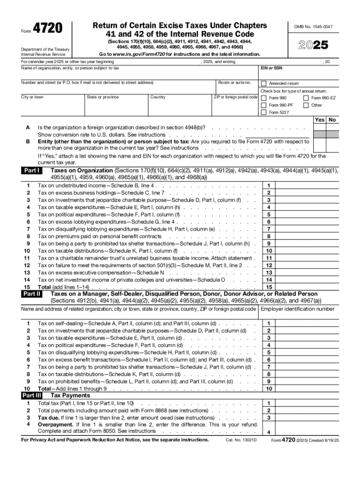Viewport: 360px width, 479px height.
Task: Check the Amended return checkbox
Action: (x=264, y=83)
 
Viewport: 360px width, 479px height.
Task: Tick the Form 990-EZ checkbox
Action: (x=306, y=98)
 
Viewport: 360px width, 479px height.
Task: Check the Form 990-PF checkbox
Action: (x=264, y=105)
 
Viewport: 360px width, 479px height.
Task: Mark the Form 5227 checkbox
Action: (x=264, y=112)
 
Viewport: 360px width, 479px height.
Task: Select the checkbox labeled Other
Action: (x=306, y=105)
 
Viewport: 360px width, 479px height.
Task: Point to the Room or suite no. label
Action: (x=235, y=83)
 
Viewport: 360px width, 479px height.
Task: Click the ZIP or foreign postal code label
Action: (x=236, y=97)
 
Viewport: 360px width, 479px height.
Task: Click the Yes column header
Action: (x=320, y=120)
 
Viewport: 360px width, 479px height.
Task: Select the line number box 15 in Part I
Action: (x=269, y=287)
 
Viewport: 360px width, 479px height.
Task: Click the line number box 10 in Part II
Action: (x=269, y=389)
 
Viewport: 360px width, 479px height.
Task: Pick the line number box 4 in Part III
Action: (x=269, y=432)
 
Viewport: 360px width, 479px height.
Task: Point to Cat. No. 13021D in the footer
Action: (x=241, y=440)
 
